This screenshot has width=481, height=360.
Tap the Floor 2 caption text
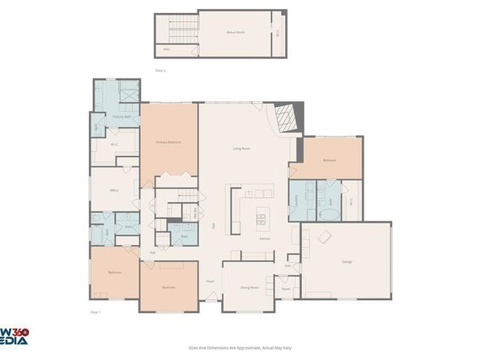coord(160,70)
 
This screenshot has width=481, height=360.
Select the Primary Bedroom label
coord(168,142)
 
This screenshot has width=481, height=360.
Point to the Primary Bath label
coord(122,117)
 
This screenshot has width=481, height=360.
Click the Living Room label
coord(241,148)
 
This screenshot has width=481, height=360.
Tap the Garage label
coord(347,261)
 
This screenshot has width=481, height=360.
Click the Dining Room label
coord(249,287)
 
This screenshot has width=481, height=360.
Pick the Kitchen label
coord(265,239)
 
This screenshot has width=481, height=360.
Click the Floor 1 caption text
coord(95,311)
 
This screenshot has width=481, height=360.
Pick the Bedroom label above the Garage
coord(330,160)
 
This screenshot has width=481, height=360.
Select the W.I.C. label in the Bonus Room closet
coord(279,33)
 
